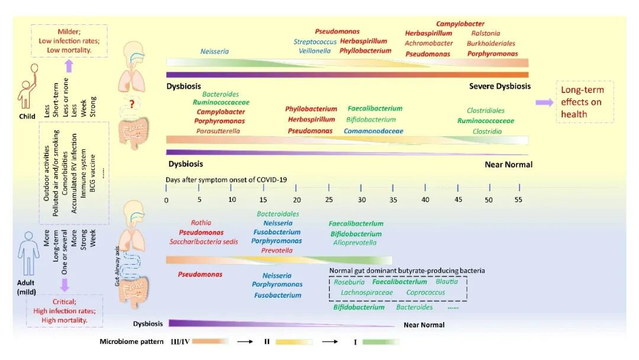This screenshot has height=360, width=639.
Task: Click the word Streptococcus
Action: pyautogui.click(x=315, y=41)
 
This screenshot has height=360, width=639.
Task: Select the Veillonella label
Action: pyautogui.click(x=315, y=51)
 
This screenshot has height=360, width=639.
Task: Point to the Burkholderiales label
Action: pyautogui.click(x=490, y=43)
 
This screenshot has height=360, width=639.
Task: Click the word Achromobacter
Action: pyautogui.click(x=429, y=43)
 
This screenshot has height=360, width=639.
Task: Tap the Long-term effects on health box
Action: pyautogui.click(x=585, y=102)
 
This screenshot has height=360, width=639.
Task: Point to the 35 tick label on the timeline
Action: pyautogui.click(x=393, y=200)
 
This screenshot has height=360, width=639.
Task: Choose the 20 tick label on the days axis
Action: pyautogui.click(x=296, y=200)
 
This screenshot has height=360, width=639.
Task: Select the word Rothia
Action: pyautogui.click(x=201, y=223)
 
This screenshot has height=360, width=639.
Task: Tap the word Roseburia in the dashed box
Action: pyautogui.click(x=349, y=282)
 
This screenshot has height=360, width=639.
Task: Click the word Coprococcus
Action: pyautogui.click(x=425, y=292)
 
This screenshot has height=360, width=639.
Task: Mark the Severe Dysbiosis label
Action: pyautogui.click(x=499, y=86)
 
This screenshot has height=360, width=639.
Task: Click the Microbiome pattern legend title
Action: pyautogui.click(x=131, y=342)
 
